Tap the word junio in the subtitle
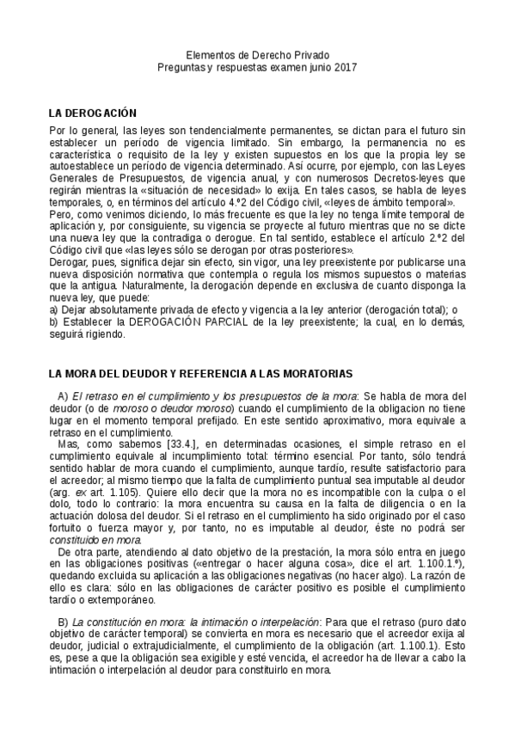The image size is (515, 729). click(310, 66)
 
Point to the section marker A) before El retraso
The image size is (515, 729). click(63, 395)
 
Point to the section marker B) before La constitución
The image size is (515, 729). click(63, 622)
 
